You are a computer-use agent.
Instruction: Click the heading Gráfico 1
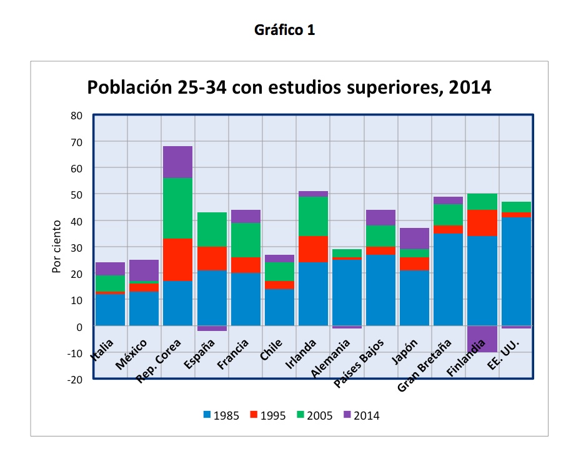coord(285,30)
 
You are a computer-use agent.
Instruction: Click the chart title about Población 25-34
coord(289,87)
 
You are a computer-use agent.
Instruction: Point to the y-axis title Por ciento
coord(57,246)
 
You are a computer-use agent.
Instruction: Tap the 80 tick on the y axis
coord(76,116)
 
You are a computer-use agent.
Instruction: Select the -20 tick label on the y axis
coord(76,379)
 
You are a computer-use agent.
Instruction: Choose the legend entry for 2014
coord(360,415)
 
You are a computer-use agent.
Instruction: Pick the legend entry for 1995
coord(268,415)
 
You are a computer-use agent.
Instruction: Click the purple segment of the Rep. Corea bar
coord(177,162)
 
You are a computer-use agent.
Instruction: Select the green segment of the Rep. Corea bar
coord(177,209)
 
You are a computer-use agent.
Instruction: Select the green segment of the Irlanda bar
coord(313,216)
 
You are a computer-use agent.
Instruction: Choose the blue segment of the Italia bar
coord(110,310)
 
